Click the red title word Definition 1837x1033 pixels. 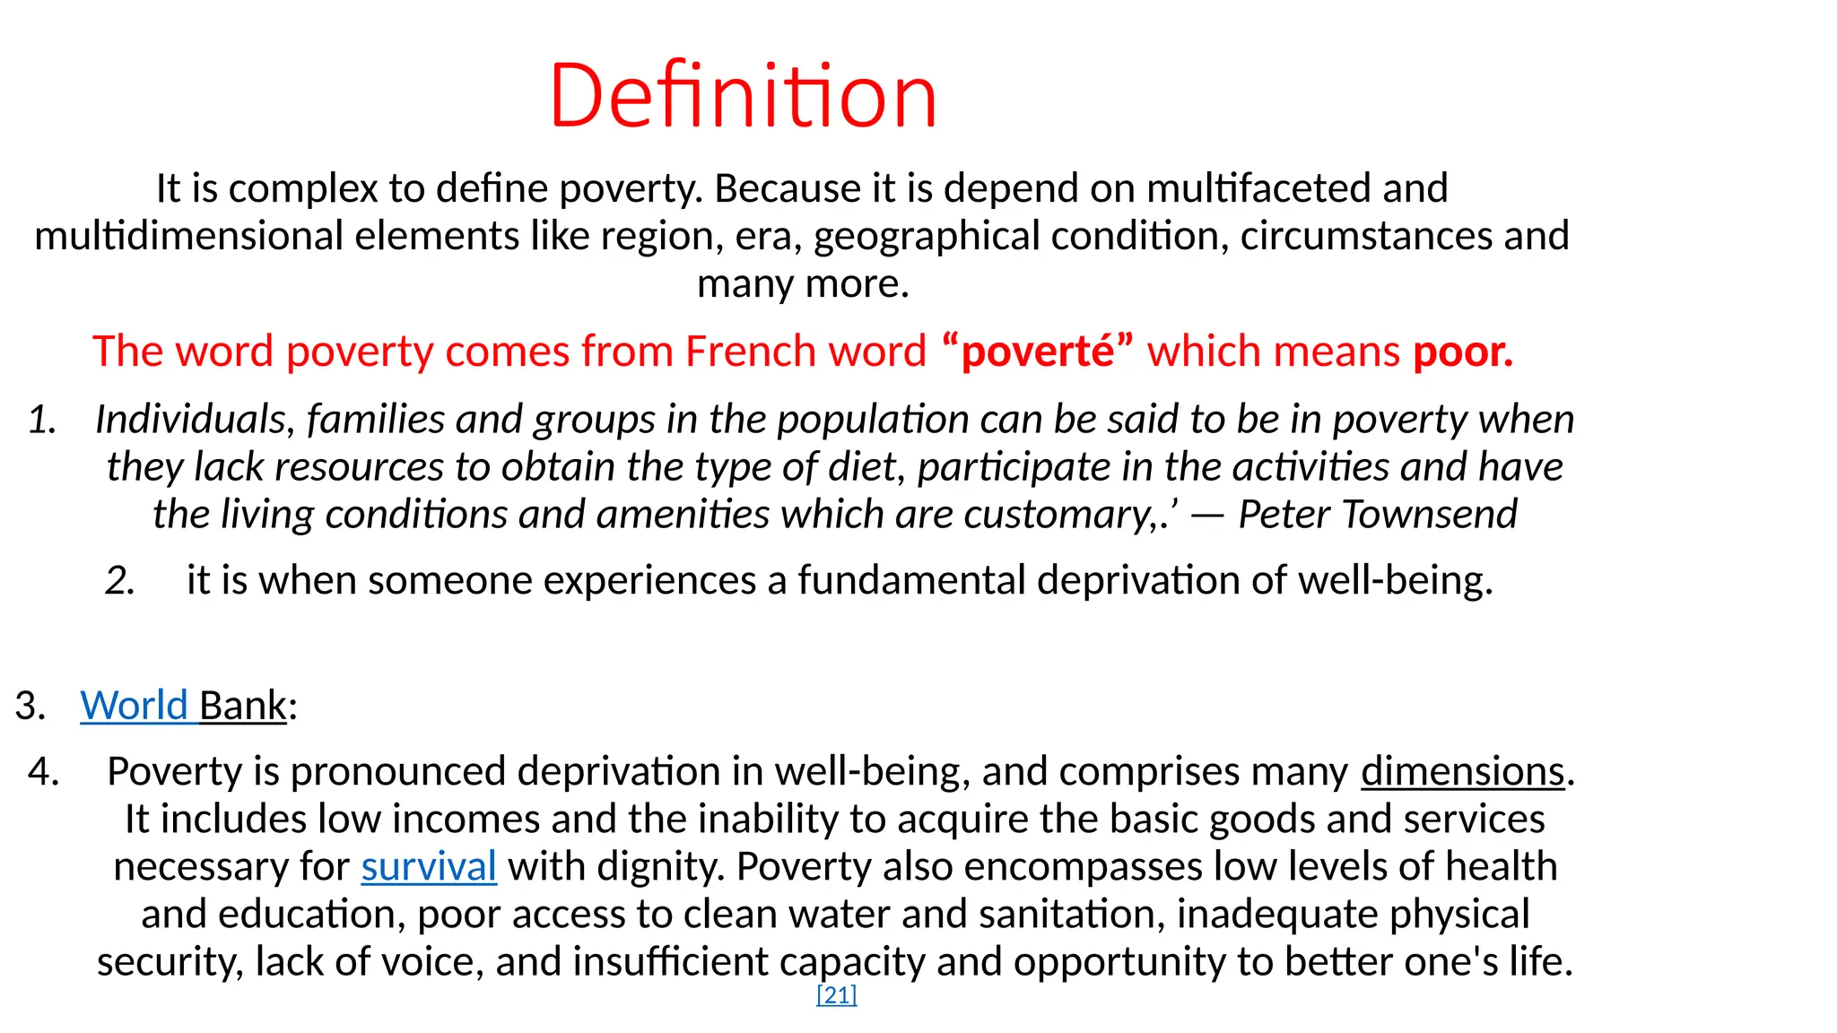(x=743, y=95)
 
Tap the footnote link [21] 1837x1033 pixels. (x=836, y=994)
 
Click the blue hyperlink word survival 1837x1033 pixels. (x=429, y=866)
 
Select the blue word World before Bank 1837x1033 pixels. (x=134, y=706)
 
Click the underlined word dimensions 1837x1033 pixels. (x=1462, y=771)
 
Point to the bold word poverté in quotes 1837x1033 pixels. (x=1038, y=352)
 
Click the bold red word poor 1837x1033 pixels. (x=1462, y=352)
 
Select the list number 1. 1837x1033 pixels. (x=42, y=420)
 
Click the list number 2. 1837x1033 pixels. (x=119, y=580)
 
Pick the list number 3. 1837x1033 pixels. (x=30, y=706)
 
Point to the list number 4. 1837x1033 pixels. (x=43, y=771)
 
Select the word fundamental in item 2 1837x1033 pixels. (x=911, y=580)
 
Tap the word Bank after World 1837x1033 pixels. (x=242, y=706)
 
